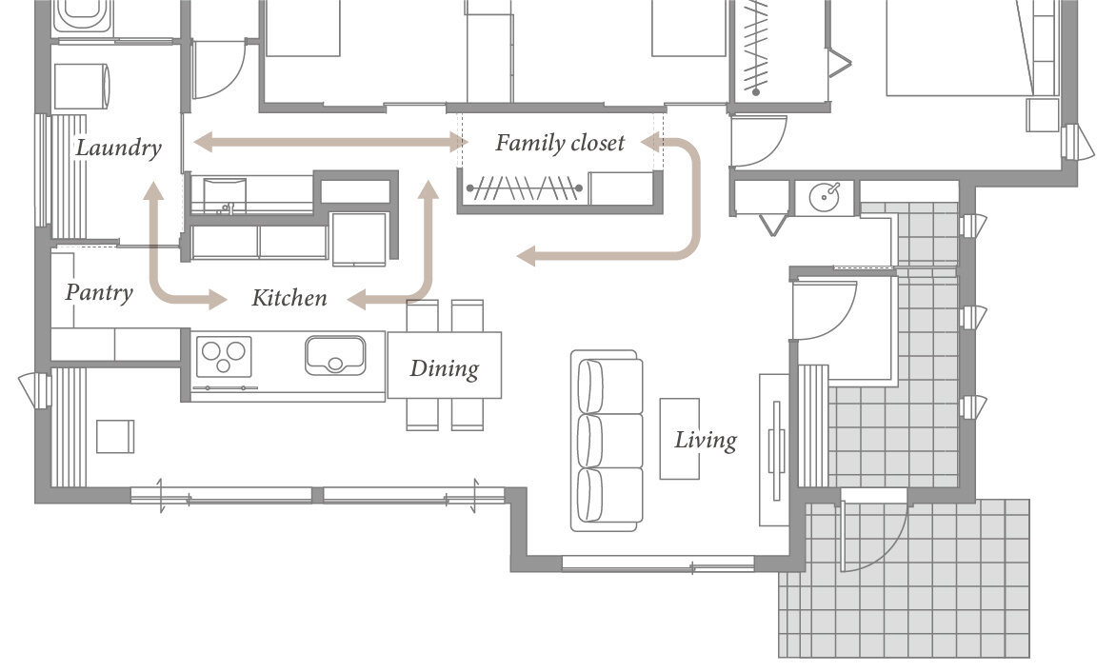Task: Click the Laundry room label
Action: [x=118, y=148]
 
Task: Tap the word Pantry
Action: [x=99, y=292]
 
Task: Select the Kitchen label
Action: [x=289, y=297]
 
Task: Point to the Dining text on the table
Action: [x=444, y=368]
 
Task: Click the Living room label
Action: [x=706, y=440]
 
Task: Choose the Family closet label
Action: [x=560, y=143]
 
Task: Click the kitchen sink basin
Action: [x=335, y=355]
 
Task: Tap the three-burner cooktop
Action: [x=224, y=356]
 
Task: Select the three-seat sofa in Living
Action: [x=607, y=440]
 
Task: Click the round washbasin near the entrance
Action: [x=826, y=195]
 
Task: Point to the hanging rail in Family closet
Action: [x=525, y=188]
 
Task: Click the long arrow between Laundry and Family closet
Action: [x=331, y=142]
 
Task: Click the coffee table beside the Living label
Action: [x=680, y=439]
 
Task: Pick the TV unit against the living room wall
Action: [x=774, y=449]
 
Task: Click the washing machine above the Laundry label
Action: [x=83, y=87]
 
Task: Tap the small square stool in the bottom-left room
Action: [x=115, y=436]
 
